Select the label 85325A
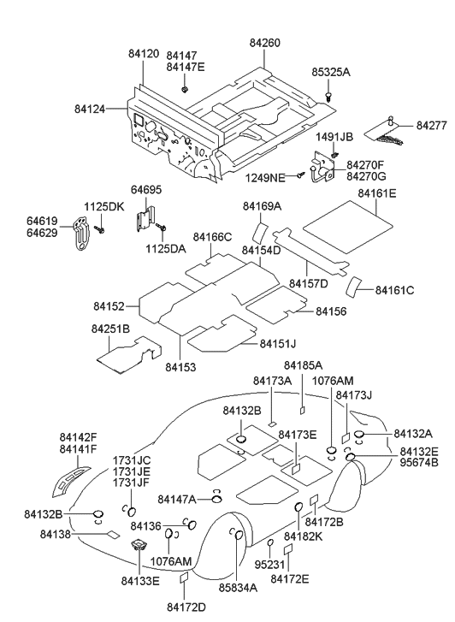click(x=331, y=73)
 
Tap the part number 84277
click(x=432, y=126)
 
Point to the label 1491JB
click(x=334, y=137)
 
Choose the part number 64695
click(x=145, y=189)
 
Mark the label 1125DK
click(x=103, y=206)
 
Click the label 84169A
click(x=262, y=206)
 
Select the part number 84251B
click(x=110, y=329)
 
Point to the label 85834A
click(x=238, y=589)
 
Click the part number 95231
click(x=269, y=566)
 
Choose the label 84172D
click(x=186, y=607)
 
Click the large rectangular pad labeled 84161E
click(x=349, y=216)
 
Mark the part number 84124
click(x=92, y=109)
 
